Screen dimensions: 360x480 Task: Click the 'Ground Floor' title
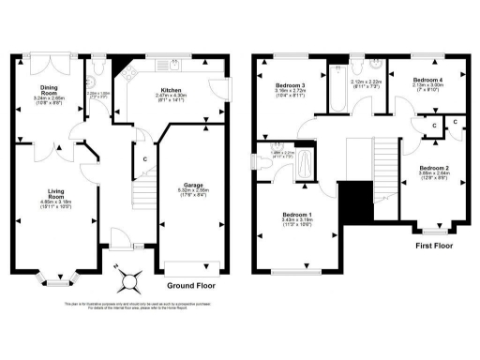[194, 285]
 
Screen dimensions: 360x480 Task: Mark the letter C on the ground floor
[144, 158]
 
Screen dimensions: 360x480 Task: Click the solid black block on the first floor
[354, 200]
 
